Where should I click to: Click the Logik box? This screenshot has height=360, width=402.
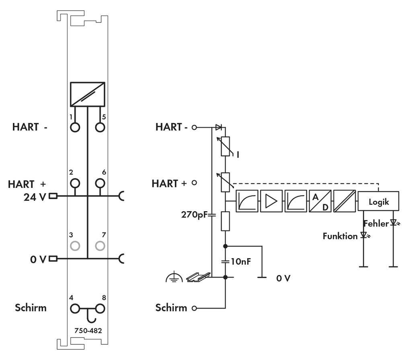pos(379,202)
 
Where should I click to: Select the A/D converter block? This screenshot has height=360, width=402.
pos(320,201)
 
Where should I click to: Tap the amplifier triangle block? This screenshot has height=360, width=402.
pos(271,201)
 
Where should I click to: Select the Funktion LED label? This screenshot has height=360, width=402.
pos(340,236)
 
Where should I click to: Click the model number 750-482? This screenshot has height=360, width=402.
pos(88,331)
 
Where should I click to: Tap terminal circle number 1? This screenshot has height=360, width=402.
pos(75,128)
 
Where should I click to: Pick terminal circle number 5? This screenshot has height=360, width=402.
pos(100,128)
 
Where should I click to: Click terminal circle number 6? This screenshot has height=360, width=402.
pos(100,184)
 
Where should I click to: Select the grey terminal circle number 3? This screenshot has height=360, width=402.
pos(75,245)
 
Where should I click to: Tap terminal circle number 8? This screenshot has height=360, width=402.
pos(100,309)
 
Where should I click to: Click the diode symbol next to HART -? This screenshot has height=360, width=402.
pos(219,127)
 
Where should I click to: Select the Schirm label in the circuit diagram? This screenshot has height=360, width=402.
pos(172,308)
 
